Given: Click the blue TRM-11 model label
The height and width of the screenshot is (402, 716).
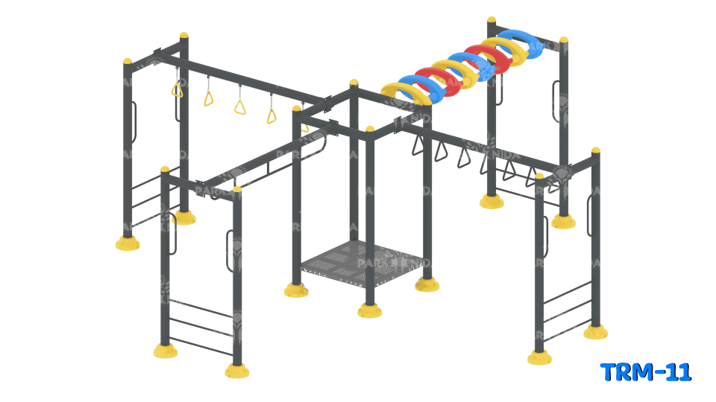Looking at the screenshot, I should [x=646, y=371].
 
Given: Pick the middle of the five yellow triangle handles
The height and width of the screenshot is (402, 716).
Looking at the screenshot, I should [x=239, y=106].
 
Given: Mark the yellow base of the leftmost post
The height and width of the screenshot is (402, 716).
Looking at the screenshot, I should [x=128, y=243].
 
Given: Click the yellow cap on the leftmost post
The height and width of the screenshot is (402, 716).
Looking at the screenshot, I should [x=128, y=61].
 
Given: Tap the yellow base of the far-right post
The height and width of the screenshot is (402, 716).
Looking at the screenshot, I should [x=595, y=332].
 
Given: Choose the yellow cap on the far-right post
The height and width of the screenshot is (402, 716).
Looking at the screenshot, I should [x=595, y=150].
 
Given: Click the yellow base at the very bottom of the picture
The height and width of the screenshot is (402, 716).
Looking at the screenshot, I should [x=237, y=371].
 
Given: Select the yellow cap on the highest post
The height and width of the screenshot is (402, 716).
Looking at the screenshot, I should [x=492, y=20].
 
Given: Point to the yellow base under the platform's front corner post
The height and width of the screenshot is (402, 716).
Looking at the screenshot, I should [x=369, y=310].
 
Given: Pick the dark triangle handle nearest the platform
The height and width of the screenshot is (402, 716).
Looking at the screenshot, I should [x=418, y=145].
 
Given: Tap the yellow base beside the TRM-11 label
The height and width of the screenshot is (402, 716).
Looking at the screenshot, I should [x=539, y=358].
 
